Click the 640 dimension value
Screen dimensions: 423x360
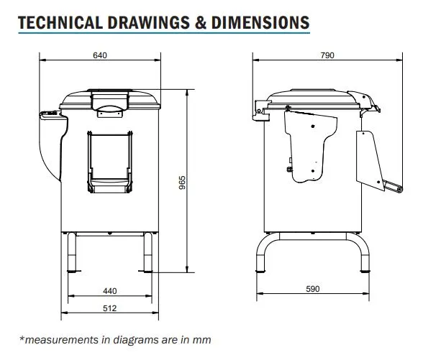(100, 55)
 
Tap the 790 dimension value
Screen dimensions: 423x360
(327, 55)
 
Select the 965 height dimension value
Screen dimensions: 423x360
(183, 183)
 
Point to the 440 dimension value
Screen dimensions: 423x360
(110, 291)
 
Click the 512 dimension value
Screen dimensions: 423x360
(109, 308)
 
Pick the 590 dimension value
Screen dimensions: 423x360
(313, 289)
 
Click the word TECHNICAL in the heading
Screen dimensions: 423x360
(60, 22)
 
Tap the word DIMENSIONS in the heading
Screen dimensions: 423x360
(260, 22)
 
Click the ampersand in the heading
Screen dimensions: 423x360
(200, 22)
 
